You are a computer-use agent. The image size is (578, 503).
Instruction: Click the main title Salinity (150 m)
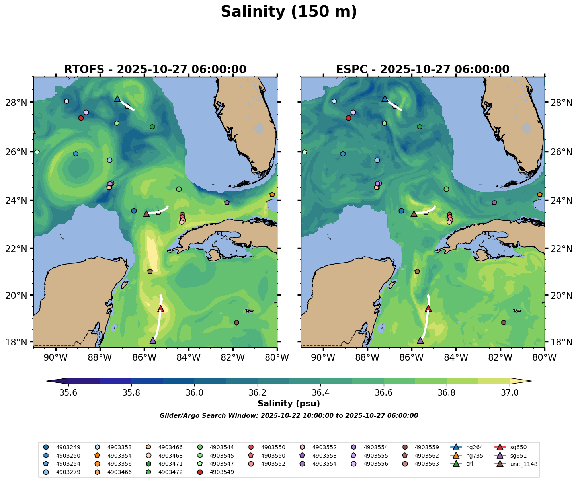[x=289, y=12]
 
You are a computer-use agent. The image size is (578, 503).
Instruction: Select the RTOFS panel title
[x=155, y=70]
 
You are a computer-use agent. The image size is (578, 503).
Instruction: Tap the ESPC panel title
[x=422, y=70]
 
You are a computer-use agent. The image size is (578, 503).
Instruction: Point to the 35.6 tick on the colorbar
[x=68, y=393]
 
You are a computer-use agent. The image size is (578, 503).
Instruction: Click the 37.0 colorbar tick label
[x=509, y=393]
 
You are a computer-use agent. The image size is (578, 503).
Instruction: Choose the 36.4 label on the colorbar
[x=320, y=393]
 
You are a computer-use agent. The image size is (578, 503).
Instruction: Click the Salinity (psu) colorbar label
[x=289, y=404]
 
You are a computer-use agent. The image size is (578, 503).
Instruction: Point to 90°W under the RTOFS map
[x=55, y=358]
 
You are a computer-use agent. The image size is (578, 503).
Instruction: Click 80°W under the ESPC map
[x=544, y=358]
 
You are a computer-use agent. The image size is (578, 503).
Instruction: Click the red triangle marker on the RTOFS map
[x=161, y=308]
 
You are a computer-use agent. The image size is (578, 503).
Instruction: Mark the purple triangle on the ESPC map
[x=420, y=340]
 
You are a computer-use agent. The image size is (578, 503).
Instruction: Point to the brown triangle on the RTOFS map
[x=146, y=214]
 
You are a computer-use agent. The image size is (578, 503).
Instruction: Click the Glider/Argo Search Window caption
[x=289, y=416]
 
